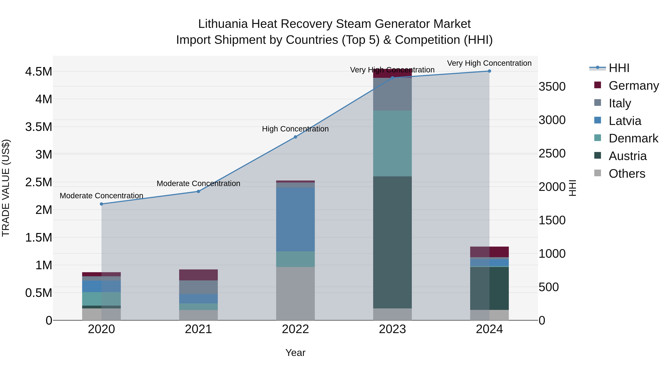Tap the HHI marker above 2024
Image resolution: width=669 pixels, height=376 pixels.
[x=489, y=71]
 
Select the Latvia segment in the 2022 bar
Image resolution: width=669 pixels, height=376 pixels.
[x=295, y=219]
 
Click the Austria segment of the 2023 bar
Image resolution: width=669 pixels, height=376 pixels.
[x=392, y=242]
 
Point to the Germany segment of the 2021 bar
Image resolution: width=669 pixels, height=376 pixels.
[x=198, y=275]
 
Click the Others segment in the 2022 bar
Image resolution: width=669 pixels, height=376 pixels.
[x=295, y=294]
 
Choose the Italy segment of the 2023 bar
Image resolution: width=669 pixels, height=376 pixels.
[x=392, y=94]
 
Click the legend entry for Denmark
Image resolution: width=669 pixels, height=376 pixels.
[x=633, y=138]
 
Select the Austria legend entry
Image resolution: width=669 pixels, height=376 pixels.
[x=627, y=156]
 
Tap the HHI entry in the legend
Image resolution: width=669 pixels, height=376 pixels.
[x=619, y=68]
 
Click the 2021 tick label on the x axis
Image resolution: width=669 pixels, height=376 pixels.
[x=198, y=329]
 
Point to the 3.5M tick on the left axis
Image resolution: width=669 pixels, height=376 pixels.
[x=38, y=127]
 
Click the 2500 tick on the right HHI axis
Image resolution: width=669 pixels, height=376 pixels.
[x=552, y=153]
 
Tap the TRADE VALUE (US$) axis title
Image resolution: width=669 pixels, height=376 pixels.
[x=6, y=188]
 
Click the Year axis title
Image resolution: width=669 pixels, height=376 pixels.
[x=295, y=353]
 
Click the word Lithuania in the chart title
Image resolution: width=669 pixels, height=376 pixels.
[x=223, y=24]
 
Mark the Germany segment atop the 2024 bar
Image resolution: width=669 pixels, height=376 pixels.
[x=489, y=252]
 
